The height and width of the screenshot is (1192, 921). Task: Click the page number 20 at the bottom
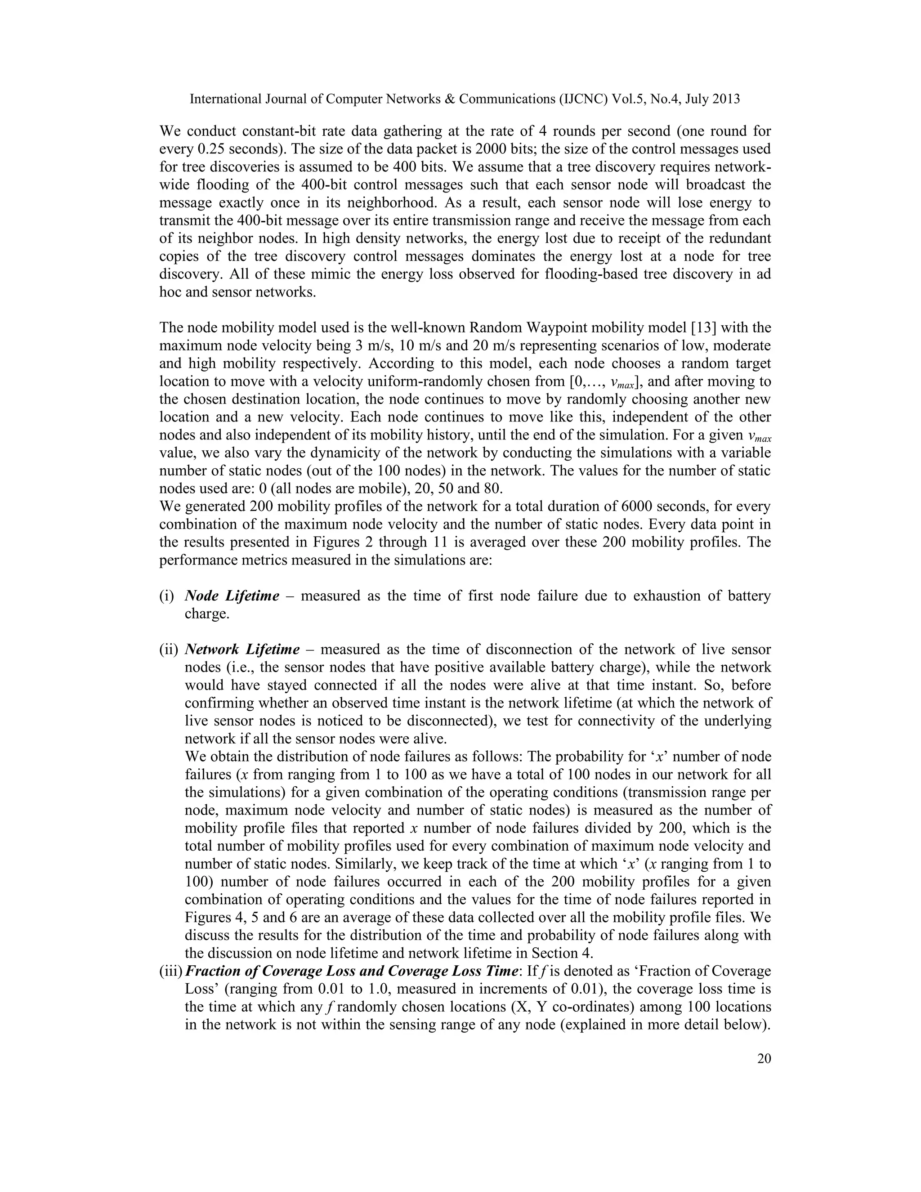[x=764, y=1059]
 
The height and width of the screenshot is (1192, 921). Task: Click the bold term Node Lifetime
[x=232, y=596]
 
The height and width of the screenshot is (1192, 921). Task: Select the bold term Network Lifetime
[x=242, y=650]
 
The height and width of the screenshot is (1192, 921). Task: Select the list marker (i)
[x=166, y=596]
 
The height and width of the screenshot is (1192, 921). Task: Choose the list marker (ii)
[x=169, y=650]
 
